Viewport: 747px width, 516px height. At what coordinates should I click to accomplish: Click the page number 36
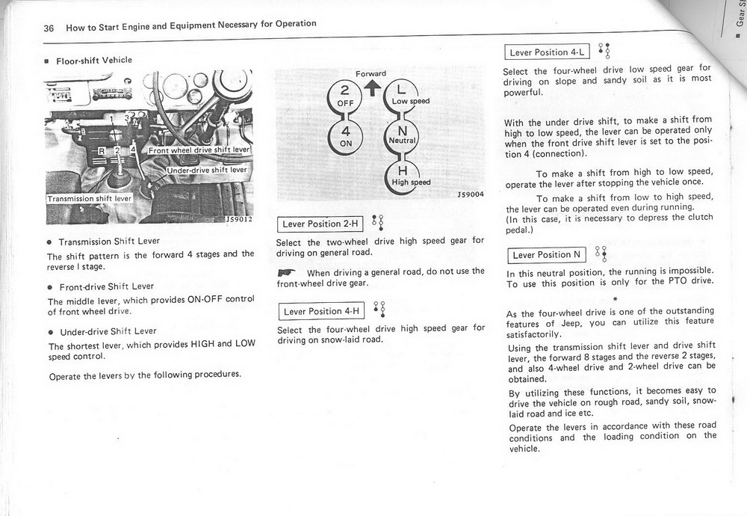click(49, 28)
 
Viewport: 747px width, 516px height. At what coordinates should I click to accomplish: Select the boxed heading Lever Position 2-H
click(320, 224)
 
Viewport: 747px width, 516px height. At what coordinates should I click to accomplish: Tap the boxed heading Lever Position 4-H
click(320, 311)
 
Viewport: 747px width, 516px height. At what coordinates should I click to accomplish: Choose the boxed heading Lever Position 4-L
click(548, 52)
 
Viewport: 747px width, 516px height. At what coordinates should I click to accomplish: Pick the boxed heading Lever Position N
click(547, 254)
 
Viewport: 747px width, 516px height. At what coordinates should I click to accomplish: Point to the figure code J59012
click(238, 220)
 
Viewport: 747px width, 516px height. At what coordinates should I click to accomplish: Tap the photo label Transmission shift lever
click(89, 199)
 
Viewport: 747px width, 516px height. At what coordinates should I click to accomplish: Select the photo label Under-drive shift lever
click(206, 170)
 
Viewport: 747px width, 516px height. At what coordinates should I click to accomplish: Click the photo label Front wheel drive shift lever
click(199, 150)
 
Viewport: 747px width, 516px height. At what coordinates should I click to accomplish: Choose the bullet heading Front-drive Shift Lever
click(107, 286)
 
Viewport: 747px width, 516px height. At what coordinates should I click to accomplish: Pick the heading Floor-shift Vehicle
click(93, 60)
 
